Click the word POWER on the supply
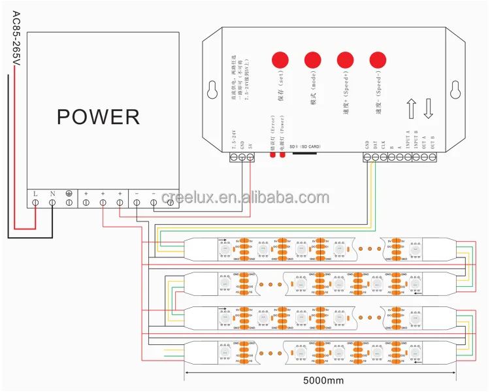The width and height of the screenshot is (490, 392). pyautogui.click(x=98, y=117)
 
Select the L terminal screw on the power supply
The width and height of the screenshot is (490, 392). pyautogui.click(x=34, y=203)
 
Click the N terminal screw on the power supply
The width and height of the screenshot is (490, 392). pyautogui.click(x=52, y=203)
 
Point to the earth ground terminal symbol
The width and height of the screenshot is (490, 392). pyautogui.click(x=69, y=194)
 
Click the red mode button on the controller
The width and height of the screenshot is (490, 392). pyautogui.click(x=312, y=60)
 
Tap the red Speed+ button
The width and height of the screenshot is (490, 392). pyautogui.click(x=345, y=60)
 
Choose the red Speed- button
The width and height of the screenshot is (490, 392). pyautogui.click(x=378, y=60)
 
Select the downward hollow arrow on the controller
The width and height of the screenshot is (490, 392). pyautogui.click(x=429, y=108)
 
